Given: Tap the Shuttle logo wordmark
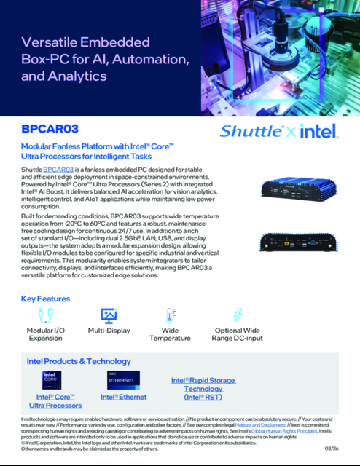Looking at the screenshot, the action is click(x=251, y=131).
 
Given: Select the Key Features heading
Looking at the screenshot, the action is click(x=45, y=299).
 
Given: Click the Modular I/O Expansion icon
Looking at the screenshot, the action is click(x=46, y=315).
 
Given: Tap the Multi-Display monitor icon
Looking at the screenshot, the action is click(x=109, y=315).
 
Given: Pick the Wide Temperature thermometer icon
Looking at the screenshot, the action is click(x=171, y=315).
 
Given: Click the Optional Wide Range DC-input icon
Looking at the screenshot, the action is click(x=237, y=315).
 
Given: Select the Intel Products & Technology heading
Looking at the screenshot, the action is click(x=78, y=360).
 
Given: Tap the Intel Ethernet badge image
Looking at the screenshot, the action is click(x=123, y=381).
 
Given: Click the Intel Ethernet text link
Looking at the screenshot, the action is click(x=123, y=397).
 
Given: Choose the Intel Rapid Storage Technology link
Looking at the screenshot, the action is click(x=203, y=389).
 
